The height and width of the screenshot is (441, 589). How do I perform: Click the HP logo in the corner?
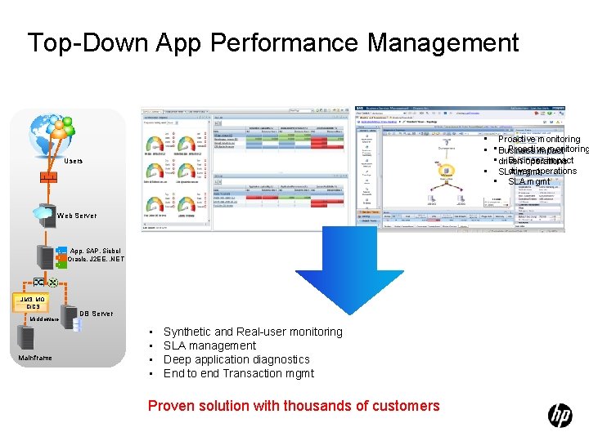(560, 416)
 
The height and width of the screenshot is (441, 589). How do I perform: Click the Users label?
(74, 161)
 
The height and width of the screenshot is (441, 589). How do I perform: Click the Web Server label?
(77, 216)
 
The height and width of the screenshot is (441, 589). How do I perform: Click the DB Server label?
(96, 314)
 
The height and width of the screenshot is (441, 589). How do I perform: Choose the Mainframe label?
(34, 358)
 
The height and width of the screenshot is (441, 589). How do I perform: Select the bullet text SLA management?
(209, 345)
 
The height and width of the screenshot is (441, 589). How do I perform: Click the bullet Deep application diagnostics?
(236, 359)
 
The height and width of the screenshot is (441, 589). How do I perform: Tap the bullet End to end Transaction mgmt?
(239, 373)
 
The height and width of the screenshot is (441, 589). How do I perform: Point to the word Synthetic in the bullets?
(187, 332)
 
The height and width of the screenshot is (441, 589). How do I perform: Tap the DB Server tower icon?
(77, 323)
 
